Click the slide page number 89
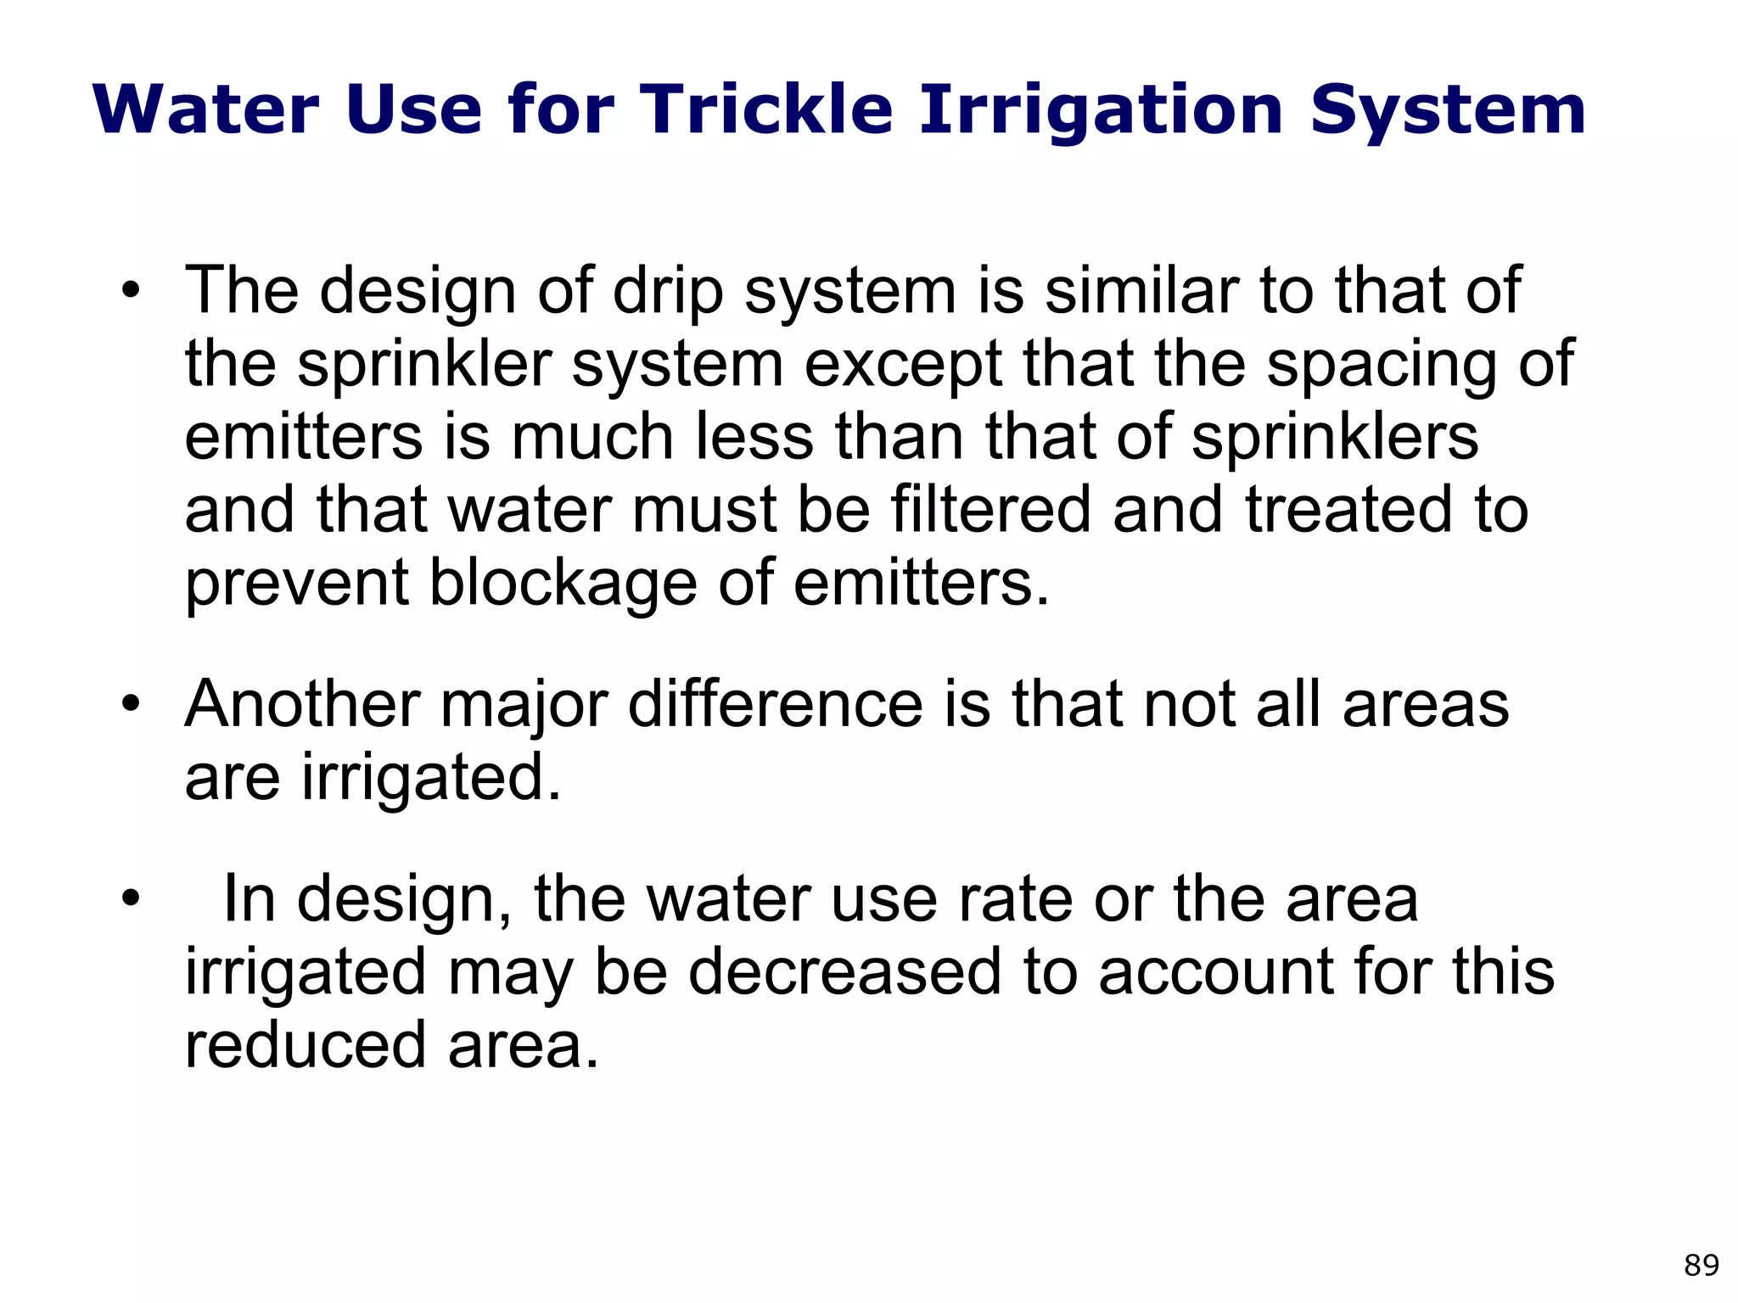1701,1265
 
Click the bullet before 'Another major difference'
129,705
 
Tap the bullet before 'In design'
129,899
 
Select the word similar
1142,291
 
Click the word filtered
990,510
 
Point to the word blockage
563,584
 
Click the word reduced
305,1045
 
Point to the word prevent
297,584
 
